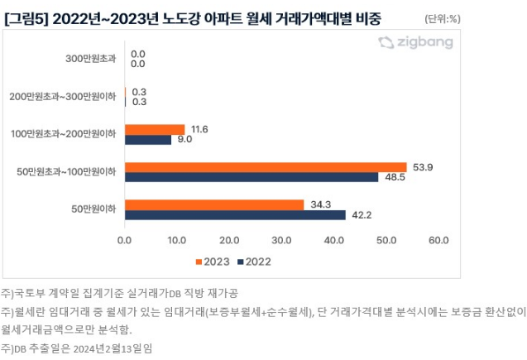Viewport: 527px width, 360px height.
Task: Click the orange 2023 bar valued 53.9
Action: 266,167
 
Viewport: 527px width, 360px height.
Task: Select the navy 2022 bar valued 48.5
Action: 252,177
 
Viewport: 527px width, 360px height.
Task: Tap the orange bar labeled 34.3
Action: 214,204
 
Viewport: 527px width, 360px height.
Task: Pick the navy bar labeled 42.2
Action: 235,215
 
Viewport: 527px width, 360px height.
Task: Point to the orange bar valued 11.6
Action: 155,129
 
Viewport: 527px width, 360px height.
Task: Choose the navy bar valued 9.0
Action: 148,140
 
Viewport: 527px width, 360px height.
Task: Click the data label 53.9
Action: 421,166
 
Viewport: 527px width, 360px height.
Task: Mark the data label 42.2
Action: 361,215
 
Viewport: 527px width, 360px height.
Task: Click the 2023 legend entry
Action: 213,262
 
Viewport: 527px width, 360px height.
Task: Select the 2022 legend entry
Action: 254,262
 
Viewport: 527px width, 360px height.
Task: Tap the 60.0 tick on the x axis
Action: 439,241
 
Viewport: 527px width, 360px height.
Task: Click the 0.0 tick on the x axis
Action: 125,241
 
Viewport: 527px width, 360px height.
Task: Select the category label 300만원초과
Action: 92,59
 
